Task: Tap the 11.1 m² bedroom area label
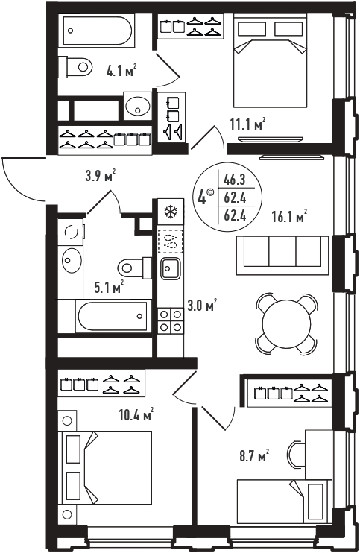click(247, 124)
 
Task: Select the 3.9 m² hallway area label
click(101, 175)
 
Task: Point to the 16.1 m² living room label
click(289, 216)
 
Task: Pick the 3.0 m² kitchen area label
click(202, 305)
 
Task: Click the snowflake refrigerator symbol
click(171, 212)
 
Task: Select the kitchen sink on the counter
click(171, 268)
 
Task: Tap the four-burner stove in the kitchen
click(171, 320)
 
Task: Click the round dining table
click(287, 323)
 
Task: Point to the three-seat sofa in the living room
click(282, 255)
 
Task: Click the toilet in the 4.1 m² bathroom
click(75, 67)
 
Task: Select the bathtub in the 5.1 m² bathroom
click(113, 316)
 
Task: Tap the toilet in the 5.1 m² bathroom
click(136, 268)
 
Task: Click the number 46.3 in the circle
click(235, 180)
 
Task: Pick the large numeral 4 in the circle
click(202, 197)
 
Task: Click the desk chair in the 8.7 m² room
click(296, 454)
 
